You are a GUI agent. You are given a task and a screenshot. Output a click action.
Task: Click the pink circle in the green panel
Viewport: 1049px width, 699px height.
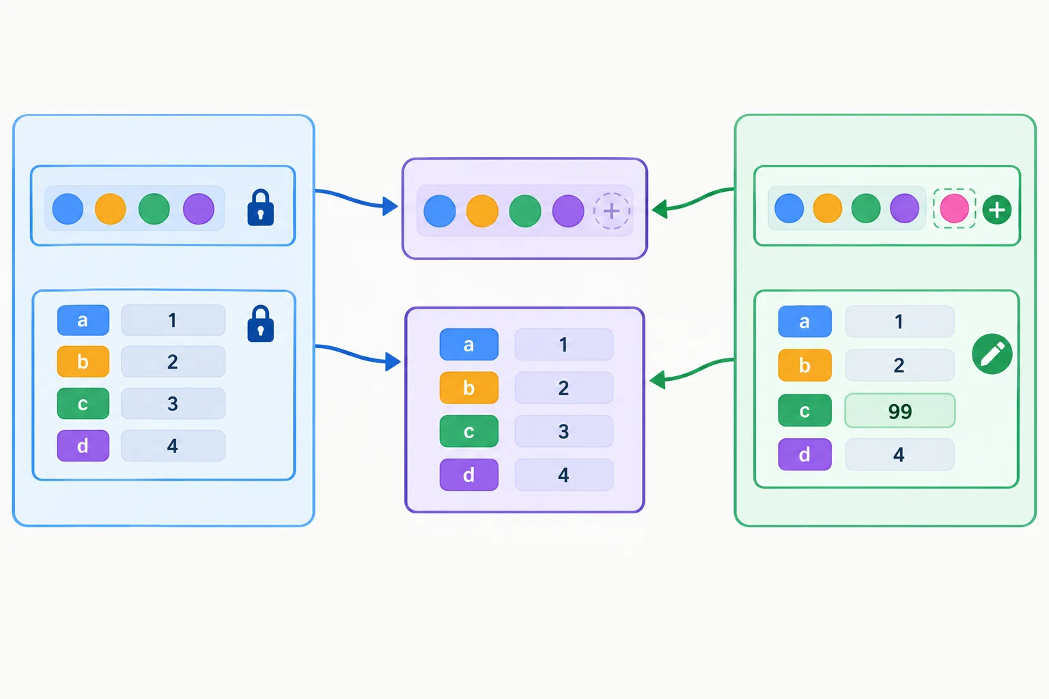pyautogui.click(x=954, y=208)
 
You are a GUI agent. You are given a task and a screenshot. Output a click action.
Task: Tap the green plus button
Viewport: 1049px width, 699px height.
pyautogui.click(x=996, y=210)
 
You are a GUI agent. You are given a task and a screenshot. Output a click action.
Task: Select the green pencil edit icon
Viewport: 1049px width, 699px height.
pyautogui.click(x=992, y=354)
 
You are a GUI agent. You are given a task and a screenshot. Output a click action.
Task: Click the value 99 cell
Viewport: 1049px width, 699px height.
pyautogui.click(x=899, y=411)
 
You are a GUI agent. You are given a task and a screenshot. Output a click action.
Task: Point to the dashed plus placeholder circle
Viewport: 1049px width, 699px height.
pyautogui.click(x=612, y=211)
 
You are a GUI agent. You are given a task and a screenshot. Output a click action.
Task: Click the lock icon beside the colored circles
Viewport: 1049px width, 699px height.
pyautogui.click(x=260, y=208)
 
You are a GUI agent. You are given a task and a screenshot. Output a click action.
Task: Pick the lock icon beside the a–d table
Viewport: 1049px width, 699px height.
pyautogui.click(x=260, y=324)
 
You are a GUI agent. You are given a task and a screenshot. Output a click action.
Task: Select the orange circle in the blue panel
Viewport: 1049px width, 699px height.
pyautogui.click(x=110, y=209)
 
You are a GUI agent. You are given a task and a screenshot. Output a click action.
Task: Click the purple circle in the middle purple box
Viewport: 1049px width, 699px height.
pyautogui.click(x=568, y=211)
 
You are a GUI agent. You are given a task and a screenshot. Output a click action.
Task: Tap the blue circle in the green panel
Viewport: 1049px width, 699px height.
pyautogui.click(x=789, y=208)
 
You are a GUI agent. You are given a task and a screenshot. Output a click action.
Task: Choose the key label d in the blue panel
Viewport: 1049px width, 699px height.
pyautogui.click(x=83, y=446)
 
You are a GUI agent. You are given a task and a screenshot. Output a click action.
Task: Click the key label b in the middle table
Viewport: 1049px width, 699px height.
pyautogui.click(x=468, y=388)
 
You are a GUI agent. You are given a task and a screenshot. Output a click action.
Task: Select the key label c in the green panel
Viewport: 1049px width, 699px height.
pyautogui.click(x=805, y=411)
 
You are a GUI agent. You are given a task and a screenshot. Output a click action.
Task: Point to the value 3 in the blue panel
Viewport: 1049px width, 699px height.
pyautogui.click(x=173, y=403)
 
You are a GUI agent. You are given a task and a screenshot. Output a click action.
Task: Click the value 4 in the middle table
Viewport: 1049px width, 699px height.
pyautogui.click(x=564, y=474)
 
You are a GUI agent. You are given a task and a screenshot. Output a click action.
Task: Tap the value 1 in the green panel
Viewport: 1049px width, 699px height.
pyautogui.click(x=899, y=322)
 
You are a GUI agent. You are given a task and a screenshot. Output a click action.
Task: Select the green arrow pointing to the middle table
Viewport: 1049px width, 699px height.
pyautogui.click(x=692, y=371)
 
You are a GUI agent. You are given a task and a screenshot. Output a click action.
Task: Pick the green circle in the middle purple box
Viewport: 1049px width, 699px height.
pyautogui.click(x=525, y=211)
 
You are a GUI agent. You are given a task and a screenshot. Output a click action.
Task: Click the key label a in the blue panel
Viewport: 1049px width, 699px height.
pyautogui.click(x=83, y=320)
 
